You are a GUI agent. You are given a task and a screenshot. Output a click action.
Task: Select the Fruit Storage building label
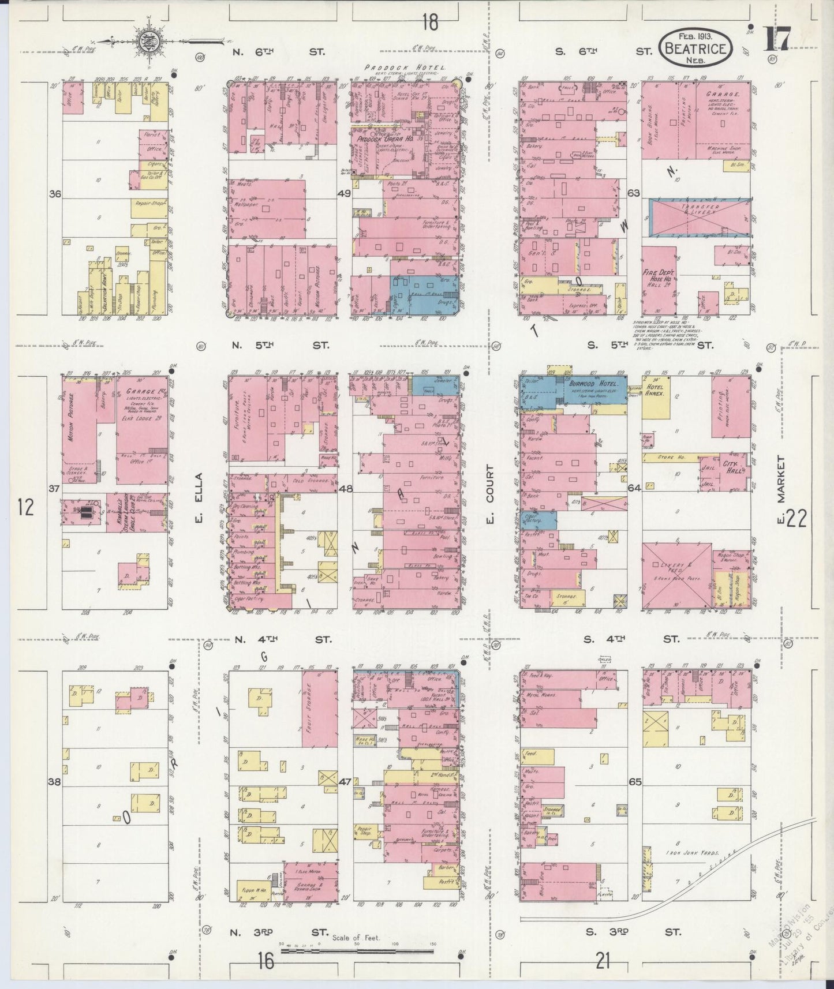point(311,709)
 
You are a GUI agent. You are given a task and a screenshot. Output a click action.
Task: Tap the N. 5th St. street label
point(281,346)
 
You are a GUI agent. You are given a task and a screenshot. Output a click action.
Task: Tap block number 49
point(344,194)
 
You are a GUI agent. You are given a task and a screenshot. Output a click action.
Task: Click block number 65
point(635,782)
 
